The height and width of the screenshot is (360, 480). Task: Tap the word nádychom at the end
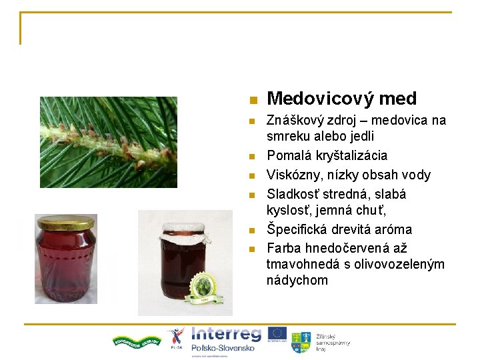(297, 280)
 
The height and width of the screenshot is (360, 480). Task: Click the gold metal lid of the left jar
(65, 223)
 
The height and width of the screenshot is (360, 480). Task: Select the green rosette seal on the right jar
(203, 289)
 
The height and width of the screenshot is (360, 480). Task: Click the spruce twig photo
(108, 142)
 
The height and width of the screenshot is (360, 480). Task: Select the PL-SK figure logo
(176, 337)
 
